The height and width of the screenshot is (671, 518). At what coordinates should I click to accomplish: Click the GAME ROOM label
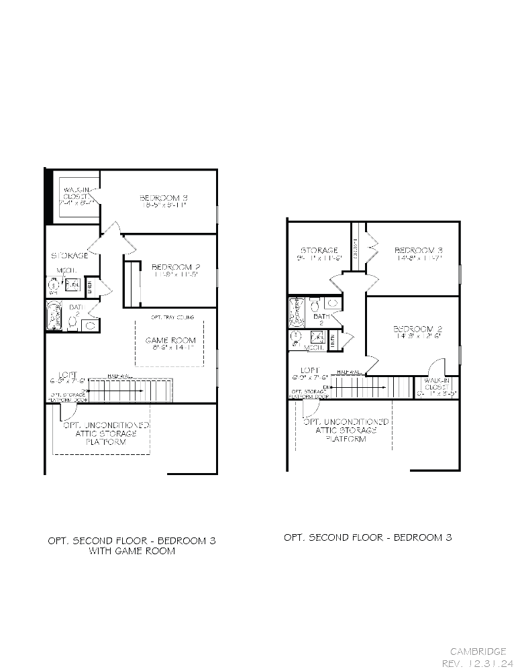click(x=170, y=340)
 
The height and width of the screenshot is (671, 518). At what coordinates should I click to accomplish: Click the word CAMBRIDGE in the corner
click(x=478, y=651)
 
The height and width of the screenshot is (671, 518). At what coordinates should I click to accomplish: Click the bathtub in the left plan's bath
click(x=53, y=315)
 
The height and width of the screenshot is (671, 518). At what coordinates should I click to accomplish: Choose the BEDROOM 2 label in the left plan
click(x=176, y=266)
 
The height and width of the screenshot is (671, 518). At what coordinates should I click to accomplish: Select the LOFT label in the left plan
click(x=68, y=374)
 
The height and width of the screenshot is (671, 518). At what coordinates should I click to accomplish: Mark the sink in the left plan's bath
click(x=89, y=325)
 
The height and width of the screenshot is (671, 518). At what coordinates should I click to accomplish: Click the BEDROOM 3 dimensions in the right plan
click(x=418, y=258)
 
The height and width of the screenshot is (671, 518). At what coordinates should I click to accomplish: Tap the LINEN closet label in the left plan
click(x=90, y=287)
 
